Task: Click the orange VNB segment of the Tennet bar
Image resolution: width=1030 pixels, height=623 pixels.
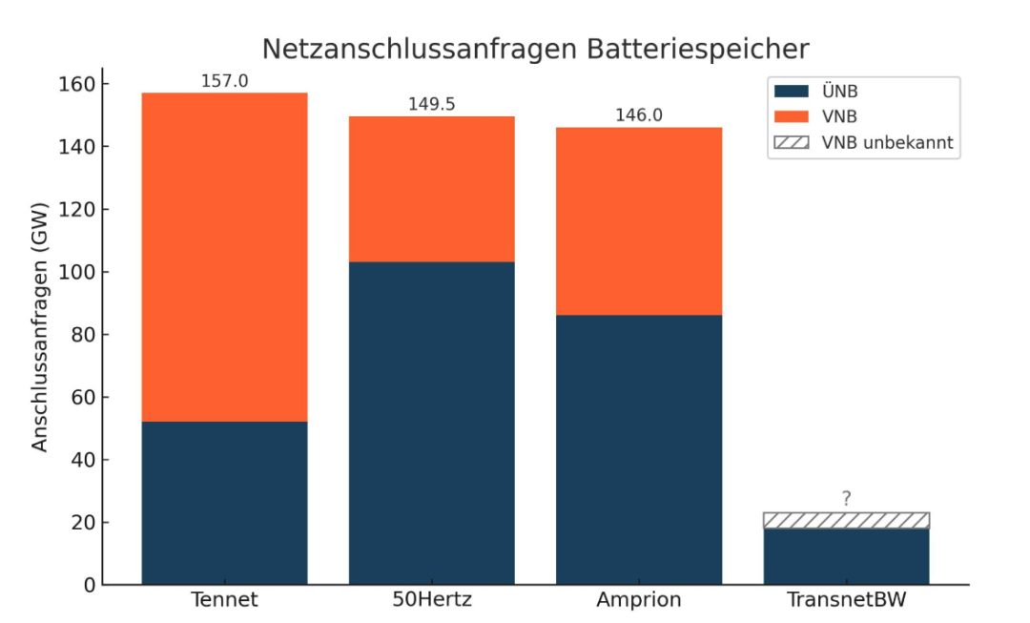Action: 224,257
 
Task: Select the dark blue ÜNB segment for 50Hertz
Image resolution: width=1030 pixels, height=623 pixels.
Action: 431,423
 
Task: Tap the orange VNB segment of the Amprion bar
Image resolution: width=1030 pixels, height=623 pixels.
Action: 639,221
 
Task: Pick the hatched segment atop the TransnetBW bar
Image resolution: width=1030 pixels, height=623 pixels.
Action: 846,520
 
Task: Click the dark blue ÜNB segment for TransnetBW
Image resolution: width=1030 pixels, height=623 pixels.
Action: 846,556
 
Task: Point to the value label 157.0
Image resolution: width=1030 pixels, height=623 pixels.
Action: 224,81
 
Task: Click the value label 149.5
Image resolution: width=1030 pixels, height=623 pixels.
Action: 431,104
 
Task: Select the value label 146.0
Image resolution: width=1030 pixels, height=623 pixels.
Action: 639,115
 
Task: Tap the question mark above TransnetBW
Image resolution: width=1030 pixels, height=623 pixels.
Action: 846,498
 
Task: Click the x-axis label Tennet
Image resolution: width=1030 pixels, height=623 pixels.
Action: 224,600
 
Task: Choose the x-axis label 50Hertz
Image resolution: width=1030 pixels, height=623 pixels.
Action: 431,600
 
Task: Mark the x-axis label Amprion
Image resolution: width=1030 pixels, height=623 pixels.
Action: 639,600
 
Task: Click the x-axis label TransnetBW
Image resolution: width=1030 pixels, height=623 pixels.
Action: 846,600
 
